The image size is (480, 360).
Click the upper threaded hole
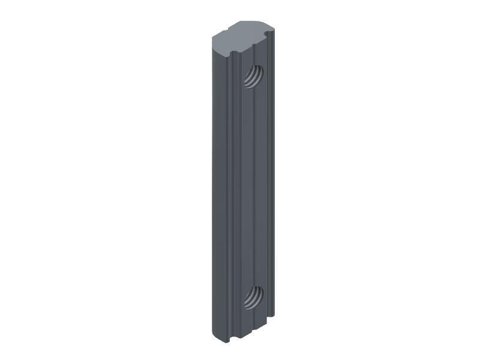[x=254, y=76]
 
